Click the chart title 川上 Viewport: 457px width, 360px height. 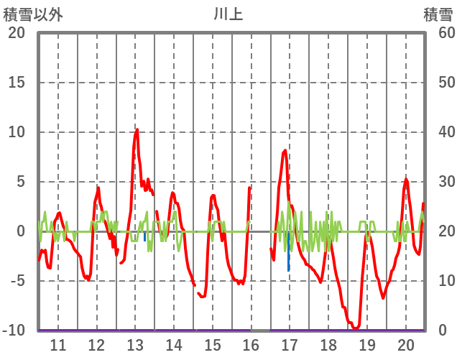point(228,14)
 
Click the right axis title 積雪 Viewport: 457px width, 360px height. point(438,14)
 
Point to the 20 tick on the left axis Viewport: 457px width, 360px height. point(17,33)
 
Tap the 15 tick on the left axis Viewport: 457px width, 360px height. point(17,83)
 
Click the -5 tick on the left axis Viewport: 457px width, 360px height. point(17,281)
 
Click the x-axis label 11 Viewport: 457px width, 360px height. point(57,344)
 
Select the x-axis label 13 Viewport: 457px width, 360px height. point(135,344)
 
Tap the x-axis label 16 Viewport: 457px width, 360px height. point(251,344)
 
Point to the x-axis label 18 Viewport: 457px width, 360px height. point(328,344)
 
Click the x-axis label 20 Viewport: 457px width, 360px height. point(405,344)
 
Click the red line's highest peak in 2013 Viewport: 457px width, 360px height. point(137,130)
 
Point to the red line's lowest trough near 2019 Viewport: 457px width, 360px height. point(356,328)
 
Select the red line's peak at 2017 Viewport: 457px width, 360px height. point(285,150)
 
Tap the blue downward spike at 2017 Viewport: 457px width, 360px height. point(289,269)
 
